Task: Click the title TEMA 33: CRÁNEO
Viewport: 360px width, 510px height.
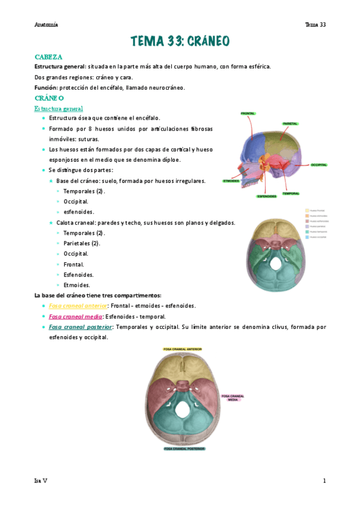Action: tap(180, 41)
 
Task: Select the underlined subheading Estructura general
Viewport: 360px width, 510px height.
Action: tap(58, 108)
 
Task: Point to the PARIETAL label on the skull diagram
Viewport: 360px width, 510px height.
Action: tap(290, 123)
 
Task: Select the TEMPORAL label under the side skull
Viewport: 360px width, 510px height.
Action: tap(291, 194)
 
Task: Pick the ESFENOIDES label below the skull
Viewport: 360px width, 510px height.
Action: tap(266, 196)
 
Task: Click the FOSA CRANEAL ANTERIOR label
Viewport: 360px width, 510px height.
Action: tap(182, 349)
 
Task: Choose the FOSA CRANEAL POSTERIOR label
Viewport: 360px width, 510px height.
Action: tap(182, 449)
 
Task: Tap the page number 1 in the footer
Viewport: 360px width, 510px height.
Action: tap(324, 481)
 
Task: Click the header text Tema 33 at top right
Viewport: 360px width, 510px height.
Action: tap(315, 25)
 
